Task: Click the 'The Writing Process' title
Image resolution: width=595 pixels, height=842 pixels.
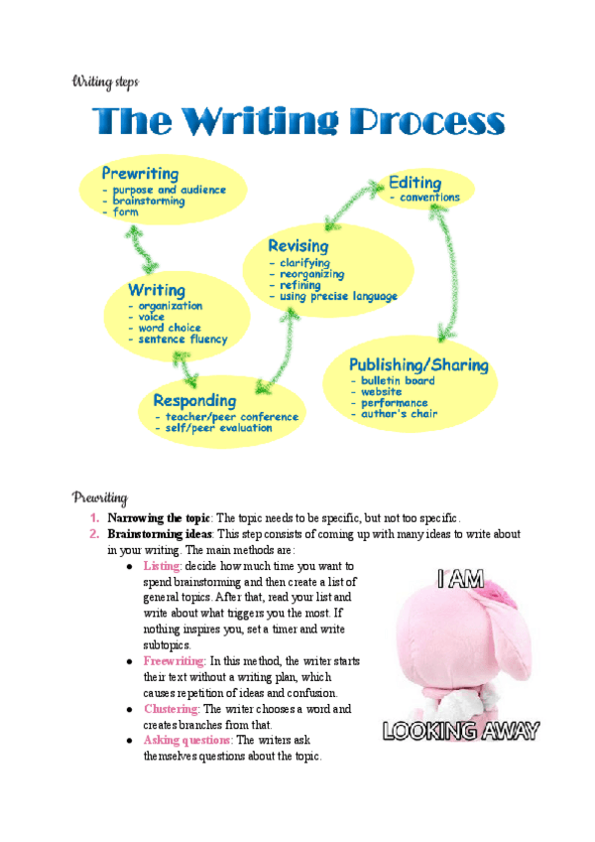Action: [298, 122]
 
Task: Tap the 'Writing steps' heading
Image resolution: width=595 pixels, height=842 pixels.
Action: [104, 80]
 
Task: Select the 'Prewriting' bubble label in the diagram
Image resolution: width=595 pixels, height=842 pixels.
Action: [141, 174]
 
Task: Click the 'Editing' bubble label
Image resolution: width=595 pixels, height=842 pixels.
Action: [415, 183]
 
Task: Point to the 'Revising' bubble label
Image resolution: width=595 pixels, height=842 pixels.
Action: [297, 245]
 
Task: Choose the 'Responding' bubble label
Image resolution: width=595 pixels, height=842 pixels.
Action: [194, 401]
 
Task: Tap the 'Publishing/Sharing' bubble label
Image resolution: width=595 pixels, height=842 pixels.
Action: [418, 365]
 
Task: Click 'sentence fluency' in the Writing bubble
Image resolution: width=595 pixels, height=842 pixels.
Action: [182, 340]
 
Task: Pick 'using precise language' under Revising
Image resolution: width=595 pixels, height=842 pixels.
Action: [338, 296]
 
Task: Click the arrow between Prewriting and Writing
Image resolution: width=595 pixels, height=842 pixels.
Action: [143, 246]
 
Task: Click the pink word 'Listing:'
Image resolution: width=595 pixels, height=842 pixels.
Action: [163, 565]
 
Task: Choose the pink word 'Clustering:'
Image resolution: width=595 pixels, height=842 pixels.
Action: [172, 709]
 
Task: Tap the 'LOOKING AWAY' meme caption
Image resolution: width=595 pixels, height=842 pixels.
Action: [461, 733]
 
